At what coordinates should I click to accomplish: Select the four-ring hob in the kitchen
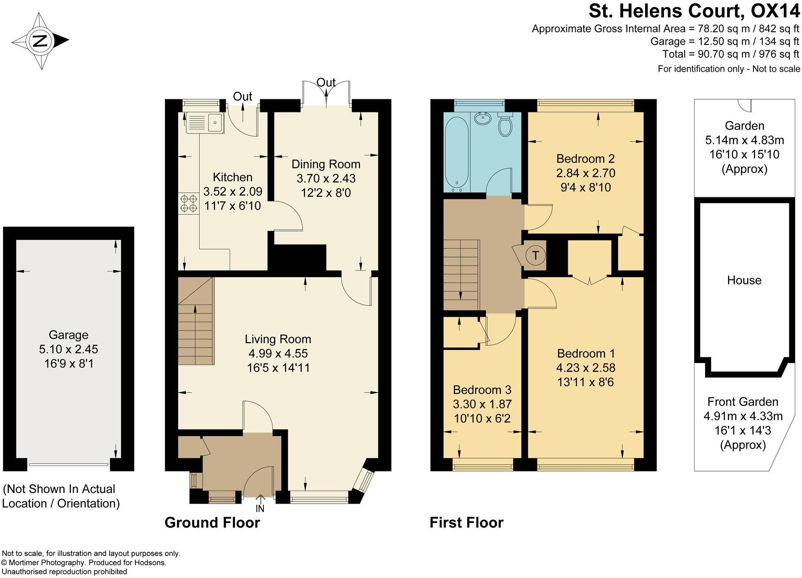pyautogui.click(x=189, y=203)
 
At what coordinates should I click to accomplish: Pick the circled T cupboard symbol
pyautogui.click(x=536, y=255)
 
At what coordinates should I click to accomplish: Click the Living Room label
pyautogui.click(x=278, y=339)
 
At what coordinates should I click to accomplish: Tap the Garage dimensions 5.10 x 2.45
pyautogui.click(x=69, y=349)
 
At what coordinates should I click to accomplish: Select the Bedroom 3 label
pyautogui.click(x=482, y=390)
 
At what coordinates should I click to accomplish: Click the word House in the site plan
pyautogui.click(x=744, y=280)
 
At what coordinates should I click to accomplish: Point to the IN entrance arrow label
pyautogui.click(x=260, y=509)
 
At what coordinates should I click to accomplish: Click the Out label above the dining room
pyautogui.click(x=326, y=82)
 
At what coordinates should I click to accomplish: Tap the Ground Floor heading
pyautogui.click(x=212, y=523)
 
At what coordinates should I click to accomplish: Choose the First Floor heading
pyautogui.click(x=466, y=523)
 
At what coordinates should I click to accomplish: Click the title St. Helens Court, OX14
pyautogui.click(x=694, y=11)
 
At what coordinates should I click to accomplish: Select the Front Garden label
pyautogui.click(x=743, y=401)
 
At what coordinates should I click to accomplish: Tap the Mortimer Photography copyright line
pyautogui.click(x=84, y=562)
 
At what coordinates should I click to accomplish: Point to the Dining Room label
pyautogui.click(x=326, y=164)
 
